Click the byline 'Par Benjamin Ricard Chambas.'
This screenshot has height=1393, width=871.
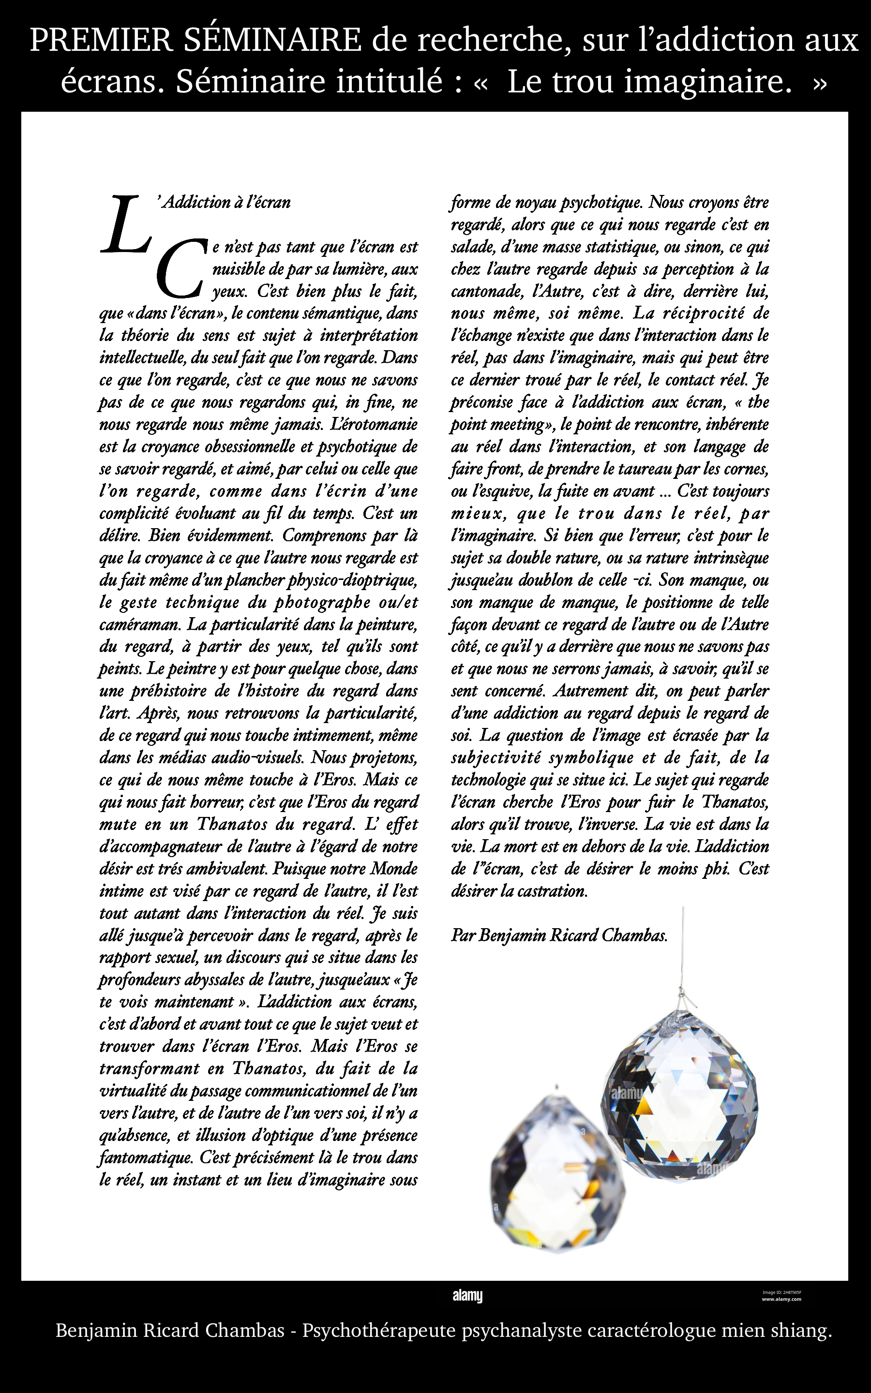pos(559,935)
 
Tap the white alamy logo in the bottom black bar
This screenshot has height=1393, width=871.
pos(467,1296)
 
